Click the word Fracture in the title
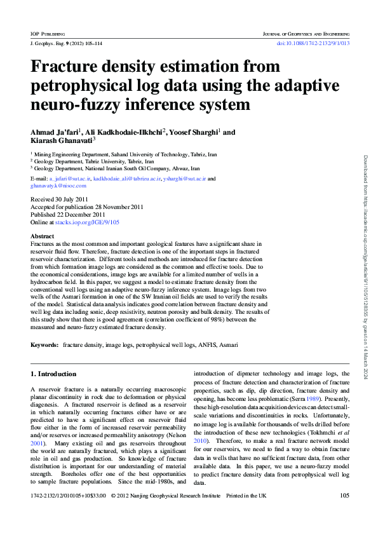[x=71, y=67]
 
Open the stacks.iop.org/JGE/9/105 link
[x=88, y=222]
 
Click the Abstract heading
[x=42, y=236]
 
